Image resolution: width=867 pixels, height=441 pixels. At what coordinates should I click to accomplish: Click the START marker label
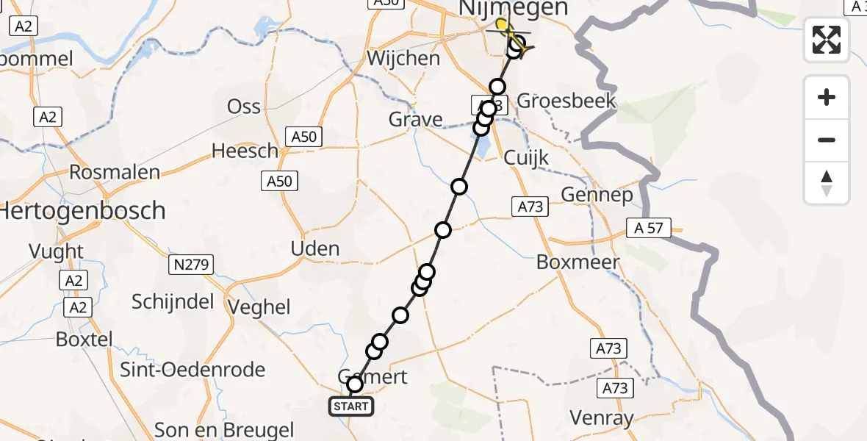351,406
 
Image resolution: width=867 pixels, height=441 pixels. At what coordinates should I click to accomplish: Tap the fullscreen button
827,40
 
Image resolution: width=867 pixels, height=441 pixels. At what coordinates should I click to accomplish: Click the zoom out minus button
827,140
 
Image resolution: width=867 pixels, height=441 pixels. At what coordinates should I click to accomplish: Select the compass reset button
827,183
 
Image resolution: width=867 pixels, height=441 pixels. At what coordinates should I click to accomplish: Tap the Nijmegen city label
513,9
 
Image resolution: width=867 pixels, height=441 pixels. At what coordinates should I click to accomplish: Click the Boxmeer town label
578,262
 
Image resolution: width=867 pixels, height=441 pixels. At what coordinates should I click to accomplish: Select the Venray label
602,419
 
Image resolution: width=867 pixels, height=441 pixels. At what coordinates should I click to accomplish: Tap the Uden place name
315,248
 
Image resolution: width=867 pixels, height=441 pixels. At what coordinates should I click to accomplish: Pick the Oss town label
244,107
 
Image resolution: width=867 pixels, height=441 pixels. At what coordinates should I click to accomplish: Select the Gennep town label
597,195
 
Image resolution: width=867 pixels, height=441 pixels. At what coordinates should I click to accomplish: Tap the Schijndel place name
173,301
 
